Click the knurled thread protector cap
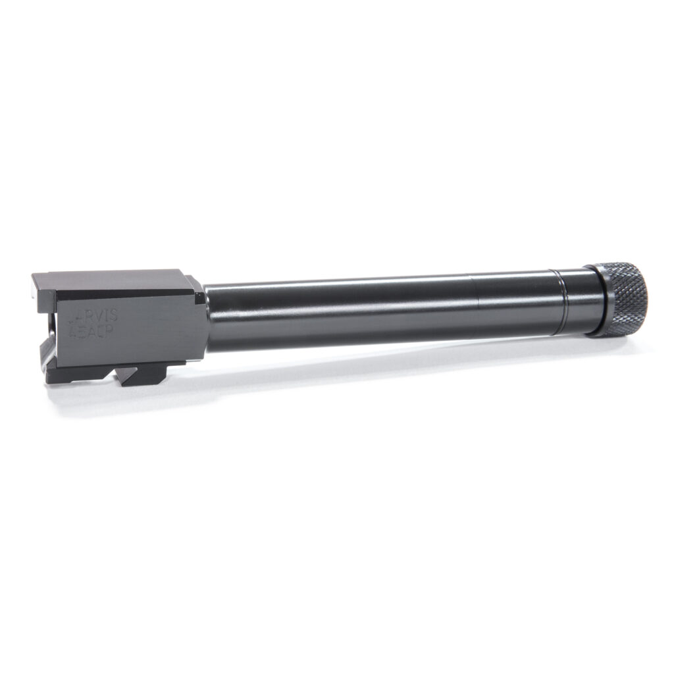(x=622, y=298)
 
